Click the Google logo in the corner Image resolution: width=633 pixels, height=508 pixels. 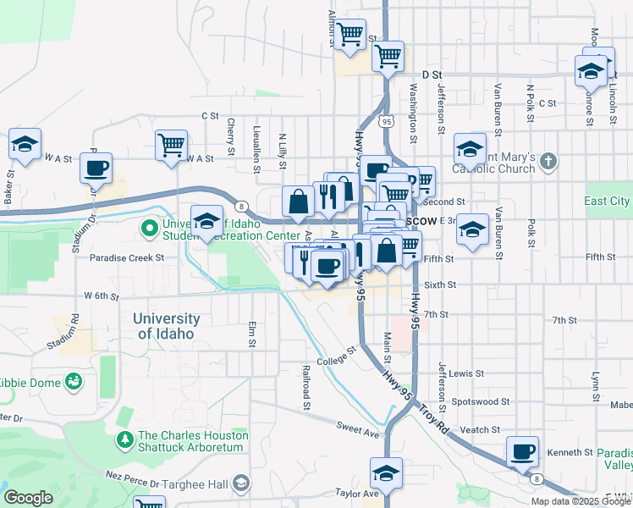(x=28, y=497)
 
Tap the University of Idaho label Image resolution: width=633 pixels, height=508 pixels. (x=166, y=326)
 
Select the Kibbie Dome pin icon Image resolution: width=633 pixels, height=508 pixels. (x=74, y=383)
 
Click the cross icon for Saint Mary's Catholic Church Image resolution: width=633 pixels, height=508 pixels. (x=548, y=161)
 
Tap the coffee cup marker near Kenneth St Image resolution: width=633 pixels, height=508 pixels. (x=523, y=451)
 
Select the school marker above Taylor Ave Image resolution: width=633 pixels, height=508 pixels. (x=386, y=472)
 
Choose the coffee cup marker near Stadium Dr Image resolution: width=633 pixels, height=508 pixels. (x=96, y=167)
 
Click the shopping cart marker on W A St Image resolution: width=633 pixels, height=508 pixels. (x=171, y=145)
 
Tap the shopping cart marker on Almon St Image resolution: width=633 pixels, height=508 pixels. (x=350, y=35)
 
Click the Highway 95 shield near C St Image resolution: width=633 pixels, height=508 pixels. (x=387, y=123)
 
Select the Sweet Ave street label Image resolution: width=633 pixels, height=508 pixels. (x=357, y=431)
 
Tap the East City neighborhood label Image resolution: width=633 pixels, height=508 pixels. (x=607, y=201)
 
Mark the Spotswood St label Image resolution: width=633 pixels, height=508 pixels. (x=481, y=401)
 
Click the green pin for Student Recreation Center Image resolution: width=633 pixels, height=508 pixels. (x=150, y=227)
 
